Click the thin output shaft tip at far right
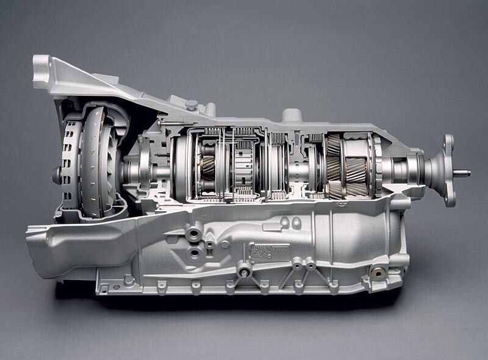[464, 173]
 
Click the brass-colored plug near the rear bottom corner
[379, 274]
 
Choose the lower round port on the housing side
[195, 251]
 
